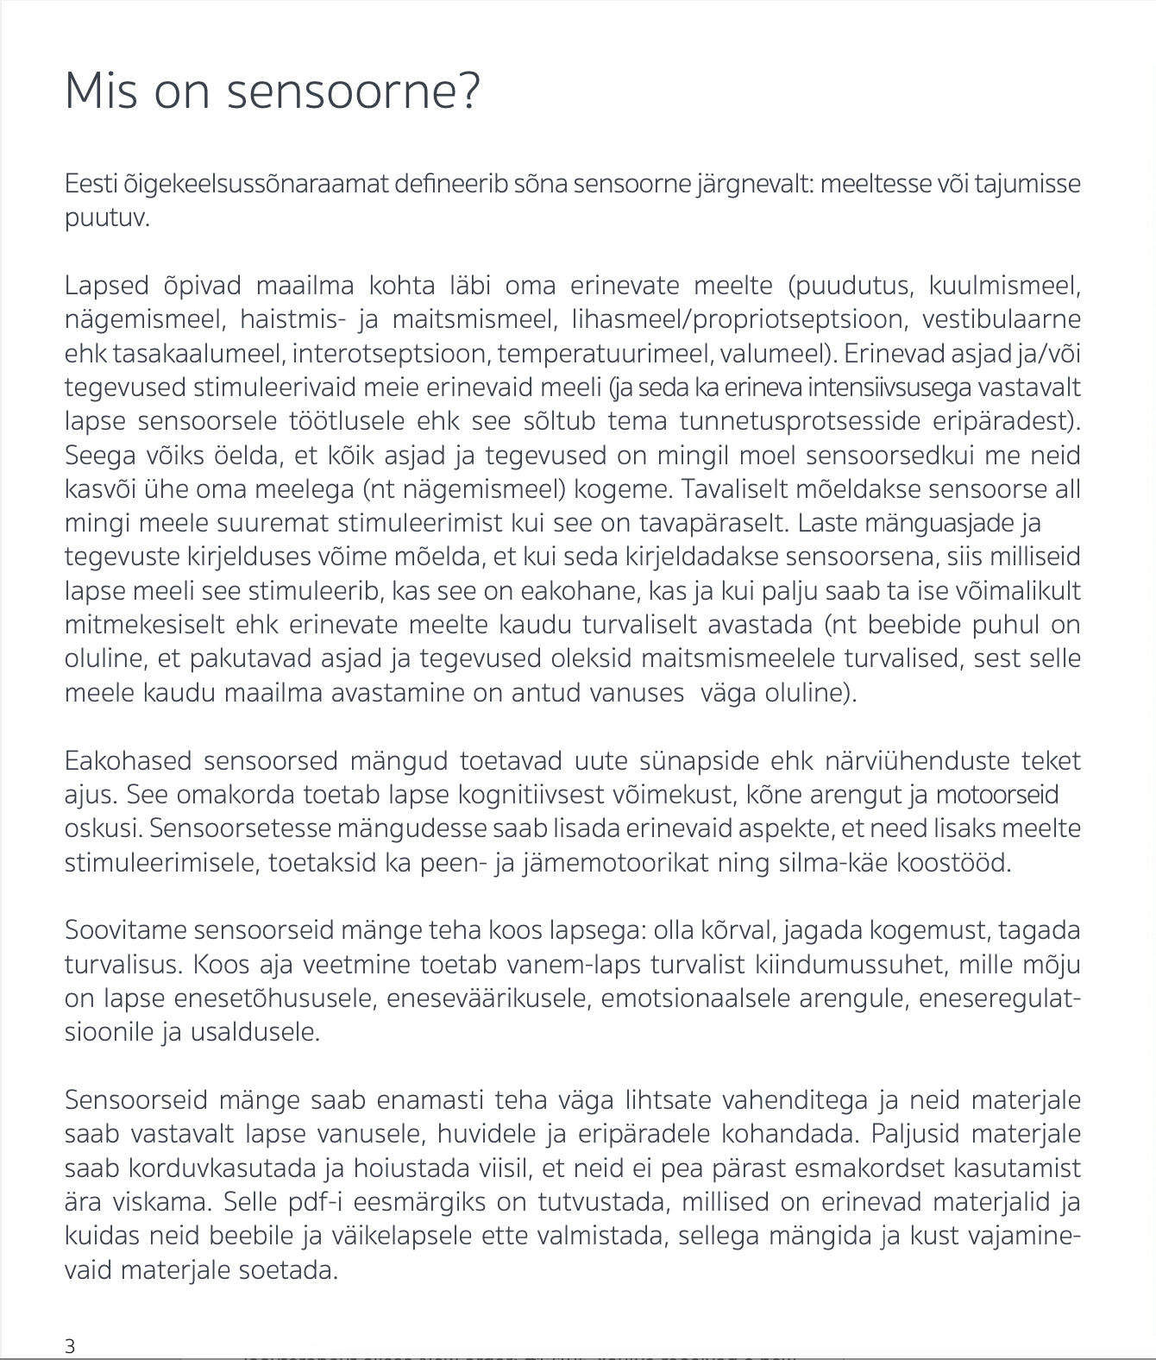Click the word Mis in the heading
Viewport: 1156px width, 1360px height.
100,91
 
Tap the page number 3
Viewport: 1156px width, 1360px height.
70,1345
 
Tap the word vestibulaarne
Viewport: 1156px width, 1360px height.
1001,319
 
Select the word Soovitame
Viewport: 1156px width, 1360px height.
125,930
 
